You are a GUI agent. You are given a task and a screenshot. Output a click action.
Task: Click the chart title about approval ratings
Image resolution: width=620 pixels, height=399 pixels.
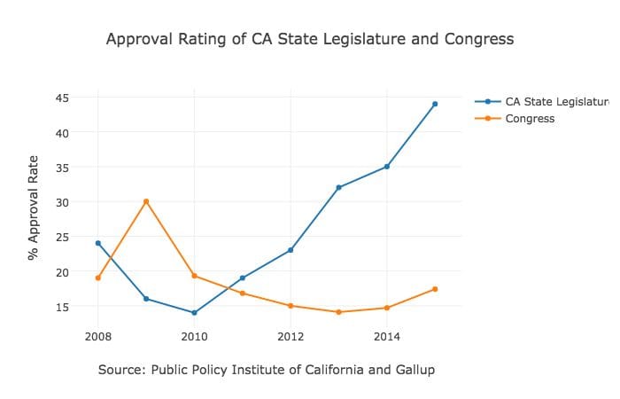coord(309,39)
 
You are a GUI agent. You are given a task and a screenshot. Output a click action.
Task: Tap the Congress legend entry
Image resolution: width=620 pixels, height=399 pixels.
coord(530,118)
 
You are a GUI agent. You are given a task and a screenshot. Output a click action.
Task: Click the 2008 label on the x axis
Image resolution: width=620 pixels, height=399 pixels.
coord(98,337)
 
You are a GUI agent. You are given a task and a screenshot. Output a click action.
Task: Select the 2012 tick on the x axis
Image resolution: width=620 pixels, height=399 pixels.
coord(291,337)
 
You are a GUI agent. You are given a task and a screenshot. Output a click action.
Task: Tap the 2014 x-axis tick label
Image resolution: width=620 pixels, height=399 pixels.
coord(387,337)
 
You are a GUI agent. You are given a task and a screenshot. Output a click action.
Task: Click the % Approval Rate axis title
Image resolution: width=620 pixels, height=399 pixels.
coord(33,207)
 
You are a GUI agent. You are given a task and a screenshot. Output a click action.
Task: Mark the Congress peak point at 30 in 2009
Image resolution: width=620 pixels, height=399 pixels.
coord(146,201)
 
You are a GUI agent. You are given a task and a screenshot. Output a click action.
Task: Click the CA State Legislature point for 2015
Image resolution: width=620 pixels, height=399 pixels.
coord(435,104)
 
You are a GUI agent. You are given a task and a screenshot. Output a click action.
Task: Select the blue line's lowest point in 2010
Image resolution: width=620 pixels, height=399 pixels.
coord(194,313)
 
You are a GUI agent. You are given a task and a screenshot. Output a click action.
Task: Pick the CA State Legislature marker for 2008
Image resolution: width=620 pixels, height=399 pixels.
coord(98,243)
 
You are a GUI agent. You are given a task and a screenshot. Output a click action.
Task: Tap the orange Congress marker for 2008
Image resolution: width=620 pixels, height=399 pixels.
coord(98,278)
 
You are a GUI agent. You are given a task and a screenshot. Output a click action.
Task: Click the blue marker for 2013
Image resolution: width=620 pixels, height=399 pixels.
coord(338,187)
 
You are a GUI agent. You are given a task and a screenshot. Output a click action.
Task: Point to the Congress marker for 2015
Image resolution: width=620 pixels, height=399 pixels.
coord(435,289)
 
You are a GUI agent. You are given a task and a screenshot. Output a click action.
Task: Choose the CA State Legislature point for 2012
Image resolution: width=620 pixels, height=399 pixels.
coord(291,250)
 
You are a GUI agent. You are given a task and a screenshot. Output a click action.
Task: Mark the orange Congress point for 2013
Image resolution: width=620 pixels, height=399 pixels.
coord(338,312)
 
